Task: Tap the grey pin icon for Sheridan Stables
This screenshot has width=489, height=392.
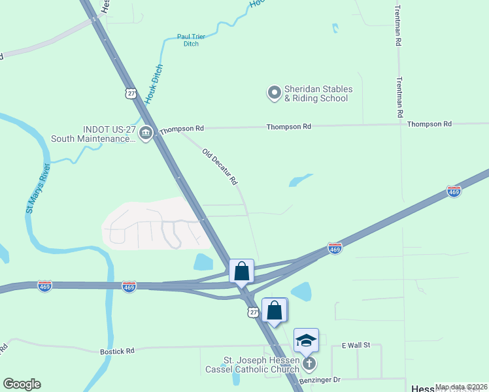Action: point(274,93)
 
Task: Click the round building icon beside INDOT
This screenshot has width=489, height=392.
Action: point(146,133)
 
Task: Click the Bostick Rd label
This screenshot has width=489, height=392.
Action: point(117,351)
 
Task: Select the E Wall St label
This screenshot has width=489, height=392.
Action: point(356,345)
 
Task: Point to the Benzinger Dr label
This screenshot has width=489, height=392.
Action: point(320,380)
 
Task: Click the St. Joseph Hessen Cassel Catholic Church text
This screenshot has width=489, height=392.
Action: point(261,365)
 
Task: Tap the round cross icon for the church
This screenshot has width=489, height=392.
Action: point(309,363)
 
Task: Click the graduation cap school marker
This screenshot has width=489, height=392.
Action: point(306,340)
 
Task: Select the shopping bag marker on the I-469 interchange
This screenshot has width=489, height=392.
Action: point(241,270)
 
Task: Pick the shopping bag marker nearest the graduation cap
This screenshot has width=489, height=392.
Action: point(275,310)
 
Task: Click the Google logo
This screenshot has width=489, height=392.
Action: point(22,384)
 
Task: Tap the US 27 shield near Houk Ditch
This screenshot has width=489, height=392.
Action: point(132,93)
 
